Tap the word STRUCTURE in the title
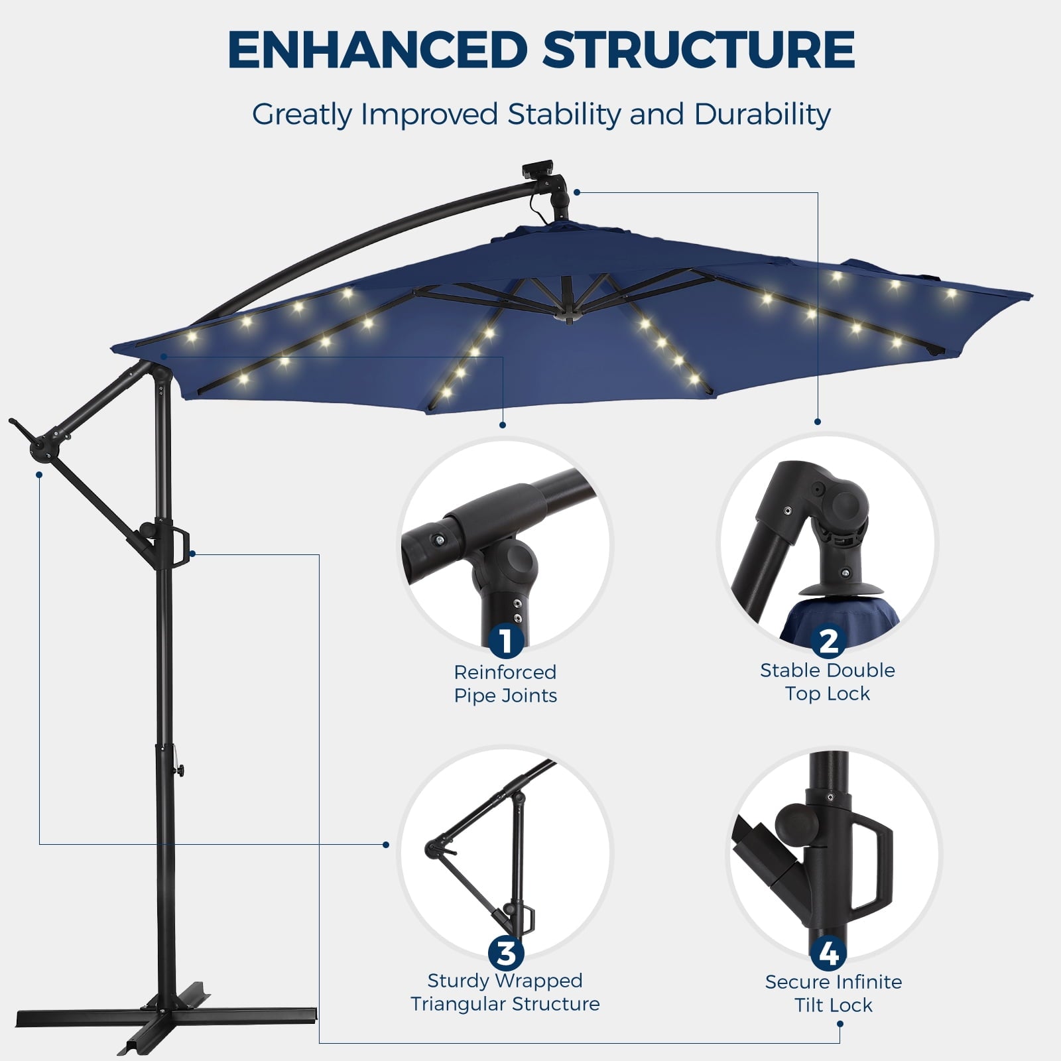point(699,50)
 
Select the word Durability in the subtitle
point(762,114)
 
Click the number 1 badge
point(506,641)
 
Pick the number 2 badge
point(828,641)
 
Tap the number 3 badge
point(506,954)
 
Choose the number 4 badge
point(828,954)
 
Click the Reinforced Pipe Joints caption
point(505,684)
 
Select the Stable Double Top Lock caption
point(828,682)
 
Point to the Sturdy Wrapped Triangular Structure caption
point(505,992)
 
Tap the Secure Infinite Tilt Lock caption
point(834,993)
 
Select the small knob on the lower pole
point(180,770)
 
